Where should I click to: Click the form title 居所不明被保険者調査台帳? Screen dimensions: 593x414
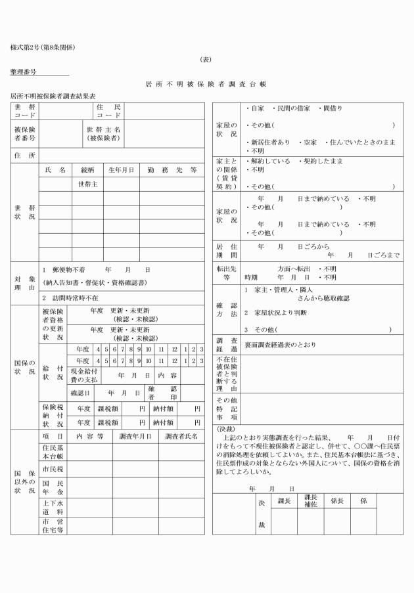point(206,85)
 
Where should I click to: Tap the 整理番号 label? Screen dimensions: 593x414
point(24,70)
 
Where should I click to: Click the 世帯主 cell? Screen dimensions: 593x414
point(87,184)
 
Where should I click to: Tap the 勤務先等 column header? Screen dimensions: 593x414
point(172,169)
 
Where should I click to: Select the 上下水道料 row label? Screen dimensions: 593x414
point(52,506)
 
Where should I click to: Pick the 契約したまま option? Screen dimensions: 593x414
point(319,160)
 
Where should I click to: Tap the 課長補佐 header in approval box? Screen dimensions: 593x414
point(310,500)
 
